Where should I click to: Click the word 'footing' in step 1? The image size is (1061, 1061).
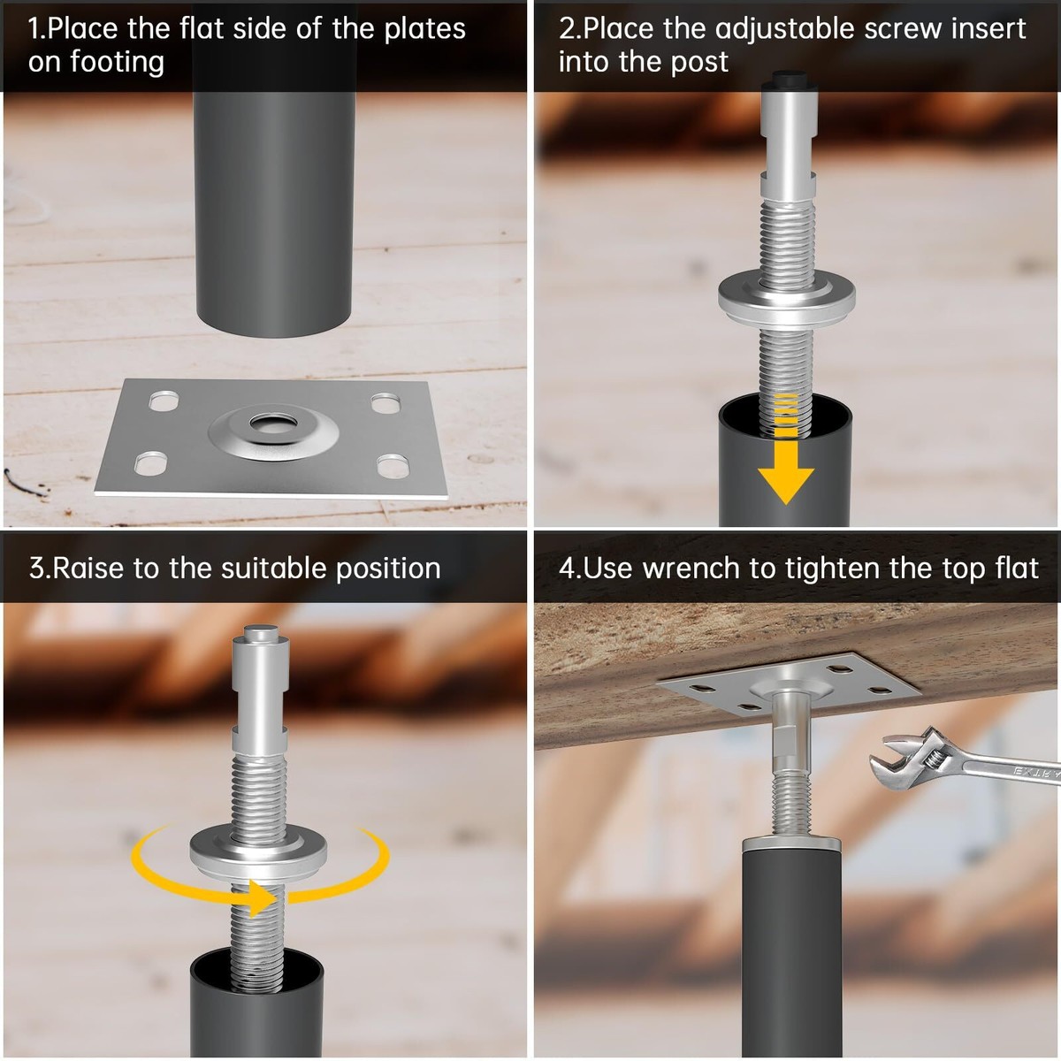pyautogui.click(x=118, y=62)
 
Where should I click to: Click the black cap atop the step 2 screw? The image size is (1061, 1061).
pyautogui.click(x=788, y=80)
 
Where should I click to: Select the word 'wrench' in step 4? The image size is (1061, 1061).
pyautogui.click(x=691, y=569)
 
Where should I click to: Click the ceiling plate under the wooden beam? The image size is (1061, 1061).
pyautogui.click(x=789, y=683)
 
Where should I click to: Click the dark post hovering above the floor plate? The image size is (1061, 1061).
pyautogui.click(x=273, y=214)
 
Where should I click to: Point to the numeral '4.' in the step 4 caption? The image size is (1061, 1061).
pyautogui.click(x=569, y=569)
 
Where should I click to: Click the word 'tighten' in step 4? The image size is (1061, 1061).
pyautogui.click(x=832, y=569)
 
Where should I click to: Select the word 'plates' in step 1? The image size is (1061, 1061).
pyautogui.click(x=424, y=29)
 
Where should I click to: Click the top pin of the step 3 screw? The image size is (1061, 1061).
pyautogui.click(x=260, y=632)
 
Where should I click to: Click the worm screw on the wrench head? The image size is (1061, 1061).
pyautogui.click(x=931, y=760)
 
